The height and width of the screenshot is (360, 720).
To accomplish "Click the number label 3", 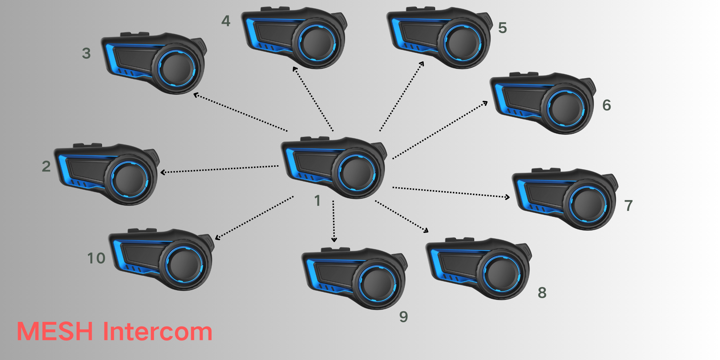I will (86, 53).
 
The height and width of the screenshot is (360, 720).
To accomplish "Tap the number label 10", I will (96, 258).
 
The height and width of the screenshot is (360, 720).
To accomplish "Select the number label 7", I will (629, 206).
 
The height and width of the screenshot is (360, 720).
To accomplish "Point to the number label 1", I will (317, 201).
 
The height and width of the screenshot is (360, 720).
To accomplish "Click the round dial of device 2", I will (129, 179).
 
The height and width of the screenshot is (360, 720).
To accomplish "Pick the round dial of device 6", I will (565, 108).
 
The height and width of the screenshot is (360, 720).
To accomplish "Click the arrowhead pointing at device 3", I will (195, 95).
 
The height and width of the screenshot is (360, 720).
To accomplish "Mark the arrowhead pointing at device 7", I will (508, 197).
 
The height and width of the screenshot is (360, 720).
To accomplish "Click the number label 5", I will (503, 28).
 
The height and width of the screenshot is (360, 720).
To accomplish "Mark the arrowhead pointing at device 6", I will (486, 103).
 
